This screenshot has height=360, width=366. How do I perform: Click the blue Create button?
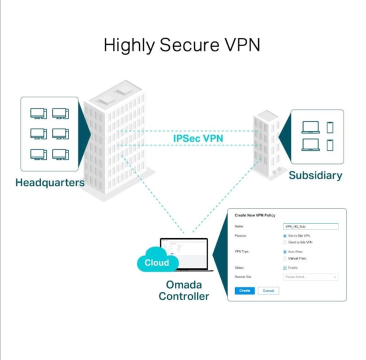click(244, 290)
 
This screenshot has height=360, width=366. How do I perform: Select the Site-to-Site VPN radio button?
click(285, 235)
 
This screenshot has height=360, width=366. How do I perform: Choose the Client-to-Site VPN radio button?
click(285, 242)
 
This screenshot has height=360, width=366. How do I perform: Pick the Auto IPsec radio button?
click(285, 252)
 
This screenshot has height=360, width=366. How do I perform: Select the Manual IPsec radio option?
click(285, 259)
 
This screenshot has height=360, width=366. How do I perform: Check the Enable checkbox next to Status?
click(285, 268)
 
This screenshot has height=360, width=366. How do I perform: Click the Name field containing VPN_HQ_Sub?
click(310, 226)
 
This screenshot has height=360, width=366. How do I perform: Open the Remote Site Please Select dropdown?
click(310, 277)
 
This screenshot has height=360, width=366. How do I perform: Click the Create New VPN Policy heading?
click(255, 215)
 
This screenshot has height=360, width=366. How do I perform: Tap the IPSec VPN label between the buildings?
click(198, 138)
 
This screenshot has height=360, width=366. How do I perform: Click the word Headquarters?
click(50, 182)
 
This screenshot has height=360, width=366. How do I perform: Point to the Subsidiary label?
click(315, 175)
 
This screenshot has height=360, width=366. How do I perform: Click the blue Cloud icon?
click(156, 262)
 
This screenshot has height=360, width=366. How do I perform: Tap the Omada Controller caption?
click(184, 290)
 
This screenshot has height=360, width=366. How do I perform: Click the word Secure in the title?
click(189, 45)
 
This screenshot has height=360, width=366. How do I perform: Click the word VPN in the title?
click(242, 45)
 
